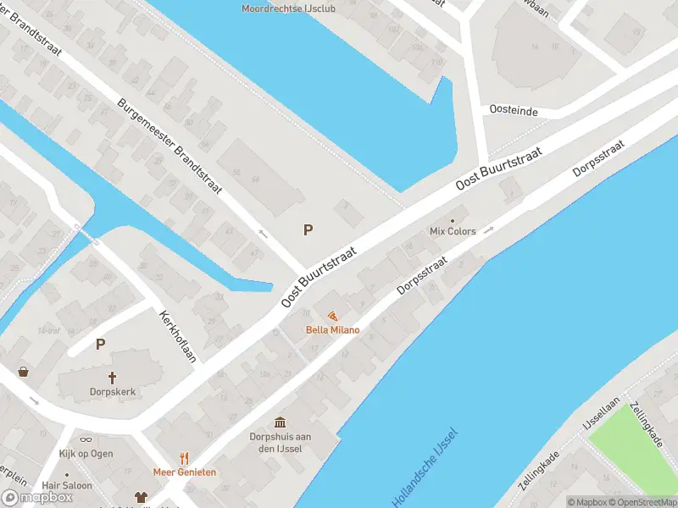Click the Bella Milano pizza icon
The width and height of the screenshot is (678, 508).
click(x=332, y=316)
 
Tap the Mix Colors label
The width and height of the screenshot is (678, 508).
click(x=453, y=231)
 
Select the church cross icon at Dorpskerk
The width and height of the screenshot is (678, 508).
click(x=111, y=377)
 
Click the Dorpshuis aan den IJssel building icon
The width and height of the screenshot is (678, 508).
click(x=280, y=422)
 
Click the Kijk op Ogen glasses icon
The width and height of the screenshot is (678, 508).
click(x=86, y=439)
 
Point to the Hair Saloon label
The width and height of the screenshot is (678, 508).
click(x=67, y=486)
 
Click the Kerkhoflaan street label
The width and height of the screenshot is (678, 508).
click(x=178, y=336)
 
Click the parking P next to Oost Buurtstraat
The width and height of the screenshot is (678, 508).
click(x=308, y=229)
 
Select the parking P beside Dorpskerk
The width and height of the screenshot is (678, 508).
click(x=100, y=345)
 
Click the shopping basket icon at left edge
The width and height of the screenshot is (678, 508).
click(x=23, y=371)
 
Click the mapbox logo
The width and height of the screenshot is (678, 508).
click(x=37, y=498)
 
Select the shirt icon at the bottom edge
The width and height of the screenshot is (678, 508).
click(x=141, y=498)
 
